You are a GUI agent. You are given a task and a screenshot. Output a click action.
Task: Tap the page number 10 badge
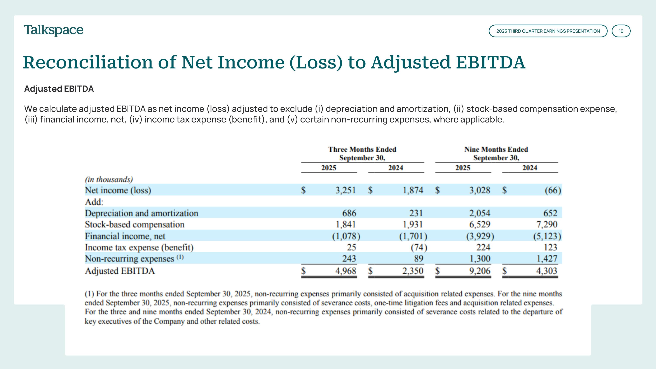point(621,31)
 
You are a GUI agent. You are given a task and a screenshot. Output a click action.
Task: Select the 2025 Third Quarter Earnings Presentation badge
point(548,31)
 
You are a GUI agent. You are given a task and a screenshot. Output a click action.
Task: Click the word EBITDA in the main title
point(490,62)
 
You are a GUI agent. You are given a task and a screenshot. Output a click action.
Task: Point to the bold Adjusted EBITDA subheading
point(59,89)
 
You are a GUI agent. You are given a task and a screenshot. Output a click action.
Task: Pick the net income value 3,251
point(345,190)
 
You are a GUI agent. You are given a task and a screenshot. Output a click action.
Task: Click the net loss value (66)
point(553,190)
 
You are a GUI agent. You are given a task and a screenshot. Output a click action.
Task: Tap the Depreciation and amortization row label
point(141,213)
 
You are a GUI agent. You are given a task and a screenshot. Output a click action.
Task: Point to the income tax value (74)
point(419,247)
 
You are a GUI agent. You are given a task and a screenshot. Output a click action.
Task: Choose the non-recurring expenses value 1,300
point(480,259)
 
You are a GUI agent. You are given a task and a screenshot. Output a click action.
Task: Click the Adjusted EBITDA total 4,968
point(345,271)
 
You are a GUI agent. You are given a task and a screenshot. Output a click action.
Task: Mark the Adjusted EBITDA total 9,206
point(480,271)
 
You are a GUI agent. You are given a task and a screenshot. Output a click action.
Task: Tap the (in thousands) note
point(109,180)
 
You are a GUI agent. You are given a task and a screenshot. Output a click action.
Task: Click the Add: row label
point(94,202)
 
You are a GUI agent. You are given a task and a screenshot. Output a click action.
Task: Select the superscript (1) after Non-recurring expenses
point(180,257)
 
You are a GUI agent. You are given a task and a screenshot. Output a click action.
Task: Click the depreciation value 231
point(416,213)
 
